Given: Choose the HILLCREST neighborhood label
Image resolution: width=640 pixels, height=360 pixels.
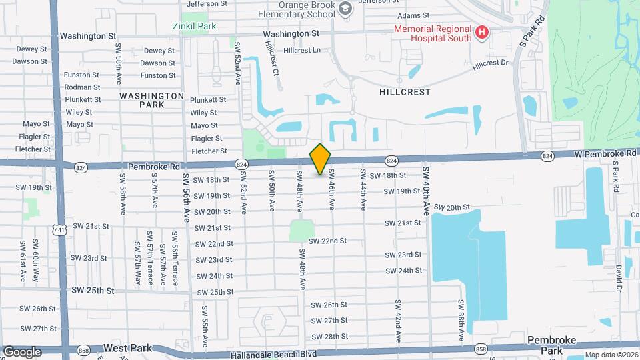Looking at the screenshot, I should click(405, 92).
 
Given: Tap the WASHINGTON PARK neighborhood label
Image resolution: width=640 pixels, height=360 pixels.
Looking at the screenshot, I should click(152, 100).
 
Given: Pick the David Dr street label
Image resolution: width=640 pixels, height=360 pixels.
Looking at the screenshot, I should click(618, 279).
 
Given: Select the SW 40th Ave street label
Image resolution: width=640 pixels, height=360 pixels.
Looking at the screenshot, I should click(425, 191).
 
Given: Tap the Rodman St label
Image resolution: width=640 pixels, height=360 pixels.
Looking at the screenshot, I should click(82, 87).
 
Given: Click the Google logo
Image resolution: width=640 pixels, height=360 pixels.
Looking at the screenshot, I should click(22, 352).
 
